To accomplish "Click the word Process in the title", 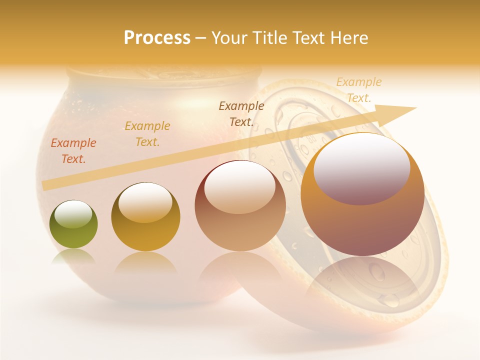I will [x=157, y=38].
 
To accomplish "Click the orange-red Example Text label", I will [x=73, y=151].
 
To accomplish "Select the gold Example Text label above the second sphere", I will [x=147, y=134].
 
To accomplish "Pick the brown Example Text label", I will [x=241, y=113].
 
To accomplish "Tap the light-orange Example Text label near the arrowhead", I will [x=359, y=90].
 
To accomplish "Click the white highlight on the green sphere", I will [x=73, y=214].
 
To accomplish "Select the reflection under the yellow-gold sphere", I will [x=145, y=262].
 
